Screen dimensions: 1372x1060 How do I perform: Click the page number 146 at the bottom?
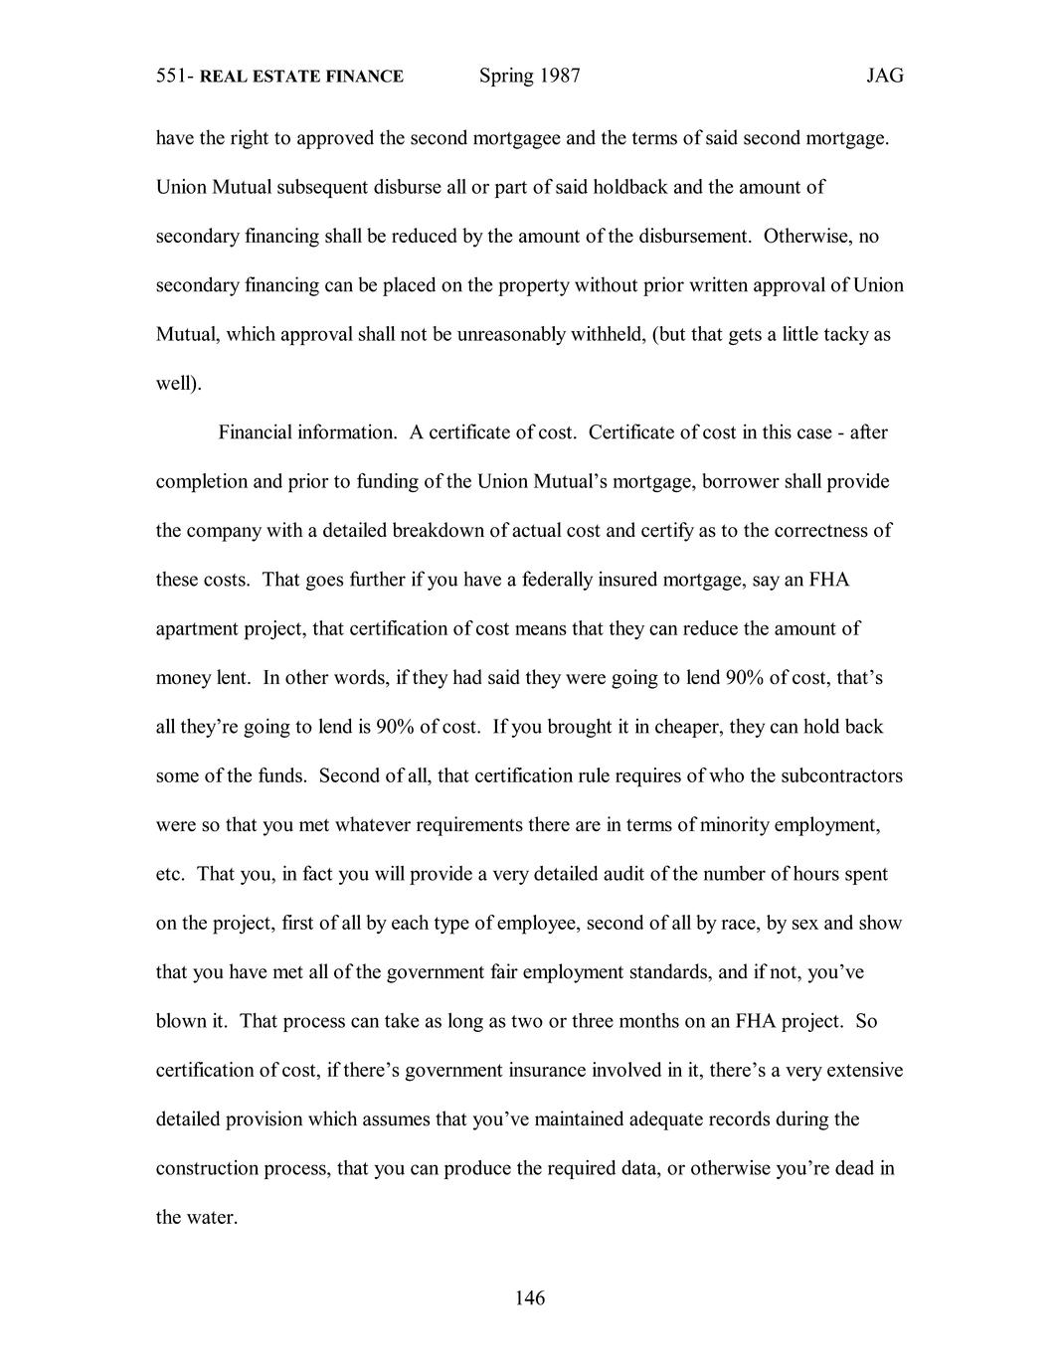click(530, 1297)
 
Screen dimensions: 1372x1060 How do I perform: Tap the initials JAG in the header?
click(884, 76)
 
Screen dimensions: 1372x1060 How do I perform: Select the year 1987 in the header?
click(560, 76)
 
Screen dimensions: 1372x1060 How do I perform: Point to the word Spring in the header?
click(506, 76)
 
